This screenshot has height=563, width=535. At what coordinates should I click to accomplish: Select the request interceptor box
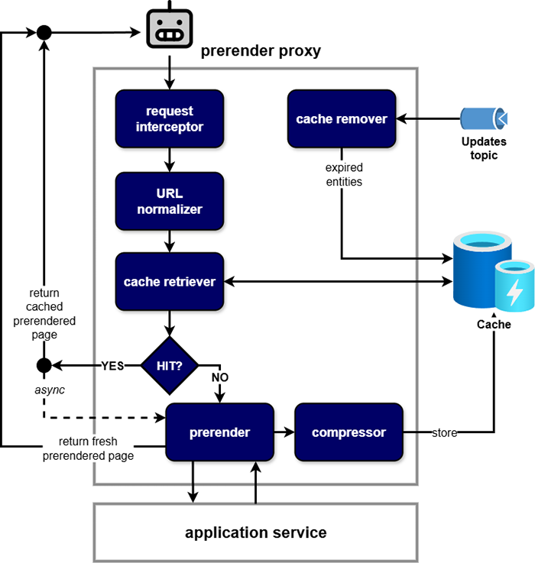pos(170,118)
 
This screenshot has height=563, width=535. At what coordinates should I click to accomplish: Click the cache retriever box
pos(170,282)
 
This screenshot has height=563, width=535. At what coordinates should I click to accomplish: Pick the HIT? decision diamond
pos(170,365)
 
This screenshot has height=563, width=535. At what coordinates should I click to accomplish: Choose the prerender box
pos(220,432)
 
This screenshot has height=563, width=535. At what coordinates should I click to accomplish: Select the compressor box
pos(349,432)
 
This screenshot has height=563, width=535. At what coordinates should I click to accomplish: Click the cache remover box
pos(342,118)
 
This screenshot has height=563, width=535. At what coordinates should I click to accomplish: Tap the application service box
pos(255,532)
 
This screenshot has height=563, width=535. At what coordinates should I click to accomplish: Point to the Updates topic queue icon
pos(484,118)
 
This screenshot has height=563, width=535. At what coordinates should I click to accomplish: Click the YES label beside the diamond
pos(112,365)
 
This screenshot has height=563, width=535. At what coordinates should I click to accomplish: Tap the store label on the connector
pos(444,433)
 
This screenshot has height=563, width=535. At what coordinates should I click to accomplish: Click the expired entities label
pos(343,175)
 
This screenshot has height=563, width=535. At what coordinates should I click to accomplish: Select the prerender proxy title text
pos(260,52)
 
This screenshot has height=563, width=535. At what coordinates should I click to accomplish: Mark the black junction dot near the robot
pos(44,32)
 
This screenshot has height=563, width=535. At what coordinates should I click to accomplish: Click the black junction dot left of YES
pos(44,365)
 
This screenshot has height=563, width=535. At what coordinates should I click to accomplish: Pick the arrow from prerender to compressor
pos(284,432)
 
